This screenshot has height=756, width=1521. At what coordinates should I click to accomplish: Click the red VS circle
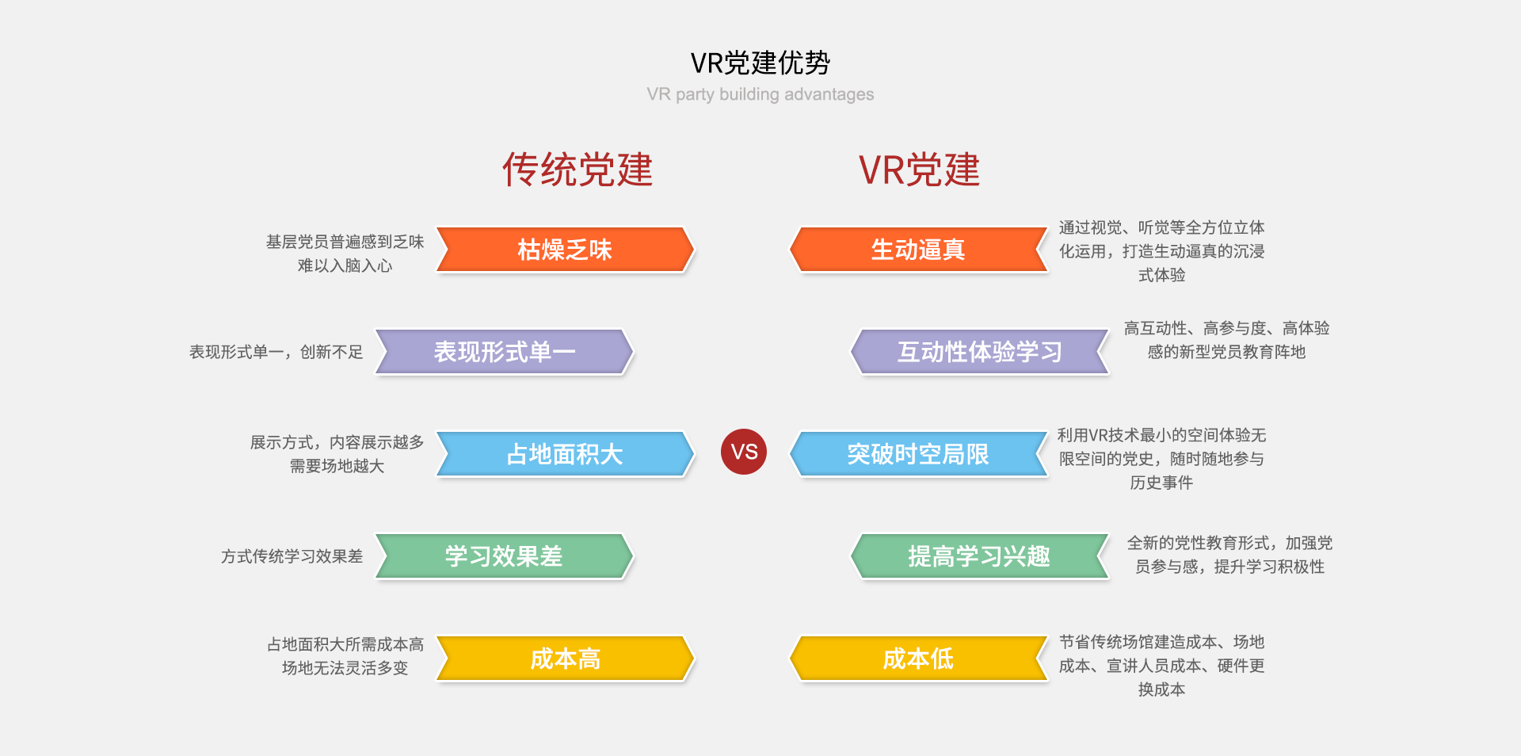click(x=744, y=452)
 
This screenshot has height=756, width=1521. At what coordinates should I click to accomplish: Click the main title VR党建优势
click(x=760, y=63)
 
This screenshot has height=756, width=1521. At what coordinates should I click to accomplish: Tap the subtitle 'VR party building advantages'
click(x=760, y=94)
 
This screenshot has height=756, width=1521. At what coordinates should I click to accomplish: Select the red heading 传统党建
click(x=578, y=170)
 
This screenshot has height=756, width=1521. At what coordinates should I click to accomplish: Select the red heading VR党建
click(x=920, y=170)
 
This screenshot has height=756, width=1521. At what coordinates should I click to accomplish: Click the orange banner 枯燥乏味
click(x=565, y=250)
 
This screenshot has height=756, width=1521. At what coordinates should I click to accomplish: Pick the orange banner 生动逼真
click(x=919, y=250)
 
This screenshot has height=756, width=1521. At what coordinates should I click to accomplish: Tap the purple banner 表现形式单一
click(x=505, y=352)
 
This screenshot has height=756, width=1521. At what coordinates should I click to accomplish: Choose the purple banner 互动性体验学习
click(x=980, y=352)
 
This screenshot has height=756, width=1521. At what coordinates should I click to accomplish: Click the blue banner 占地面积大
click(x=565, y=454)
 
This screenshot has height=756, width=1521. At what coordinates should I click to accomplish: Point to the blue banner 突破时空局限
click(x=919, y=454)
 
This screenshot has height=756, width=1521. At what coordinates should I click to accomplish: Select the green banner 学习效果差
click(x=505, y=556)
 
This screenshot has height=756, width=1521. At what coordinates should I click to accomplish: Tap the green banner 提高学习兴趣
click(x=980, y=556)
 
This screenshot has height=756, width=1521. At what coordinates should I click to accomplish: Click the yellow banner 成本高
click(x=565, y=659)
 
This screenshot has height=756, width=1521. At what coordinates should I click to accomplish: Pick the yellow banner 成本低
click(x=919, y=659)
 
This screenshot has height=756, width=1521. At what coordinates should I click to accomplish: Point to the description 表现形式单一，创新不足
click(x=276, y=352)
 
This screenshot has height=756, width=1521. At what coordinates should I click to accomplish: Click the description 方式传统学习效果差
click(x=292, y=556)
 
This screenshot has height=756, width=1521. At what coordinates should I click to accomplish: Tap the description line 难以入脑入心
click(x=345, y=265)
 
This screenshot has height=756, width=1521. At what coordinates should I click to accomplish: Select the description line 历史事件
click(x=1161, y=483)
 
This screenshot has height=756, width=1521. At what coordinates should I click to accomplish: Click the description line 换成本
click(x=1161, y=689)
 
